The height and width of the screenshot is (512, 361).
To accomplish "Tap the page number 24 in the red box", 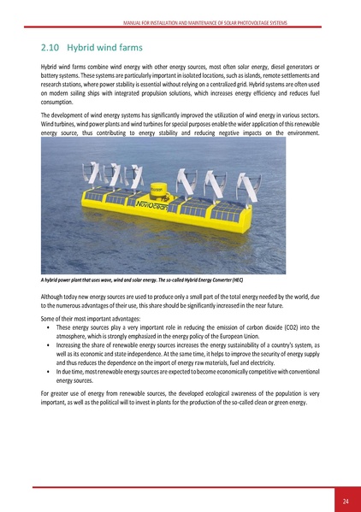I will (x=345, y=500).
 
